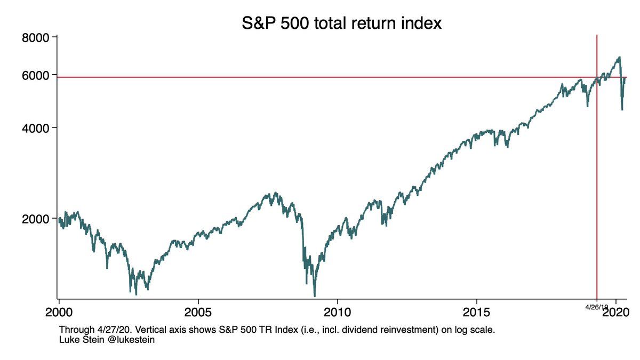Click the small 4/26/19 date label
pos(596,308)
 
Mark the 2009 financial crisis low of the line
pos(315,295)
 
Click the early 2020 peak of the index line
pos(619,57)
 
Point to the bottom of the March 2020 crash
pos(622,110)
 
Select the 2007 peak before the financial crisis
pos(275,193)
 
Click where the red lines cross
pos(596,77)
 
